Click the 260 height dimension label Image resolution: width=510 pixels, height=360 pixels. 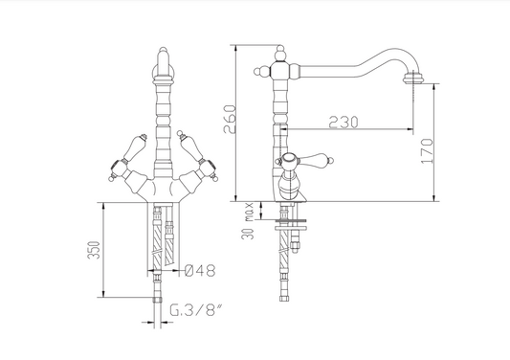[230, 119]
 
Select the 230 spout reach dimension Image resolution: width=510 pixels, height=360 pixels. [344, 122]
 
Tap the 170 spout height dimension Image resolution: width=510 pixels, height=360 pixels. [428, 151]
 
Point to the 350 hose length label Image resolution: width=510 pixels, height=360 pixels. [94, 250]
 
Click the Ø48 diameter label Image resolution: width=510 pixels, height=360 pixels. [200, 270]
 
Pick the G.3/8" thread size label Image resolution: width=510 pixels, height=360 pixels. [196, 310]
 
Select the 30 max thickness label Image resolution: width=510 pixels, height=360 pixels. [248, 221]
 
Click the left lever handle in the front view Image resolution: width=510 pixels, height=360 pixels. [128, 156]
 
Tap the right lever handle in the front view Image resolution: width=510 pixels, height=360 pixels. [197, 156]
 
